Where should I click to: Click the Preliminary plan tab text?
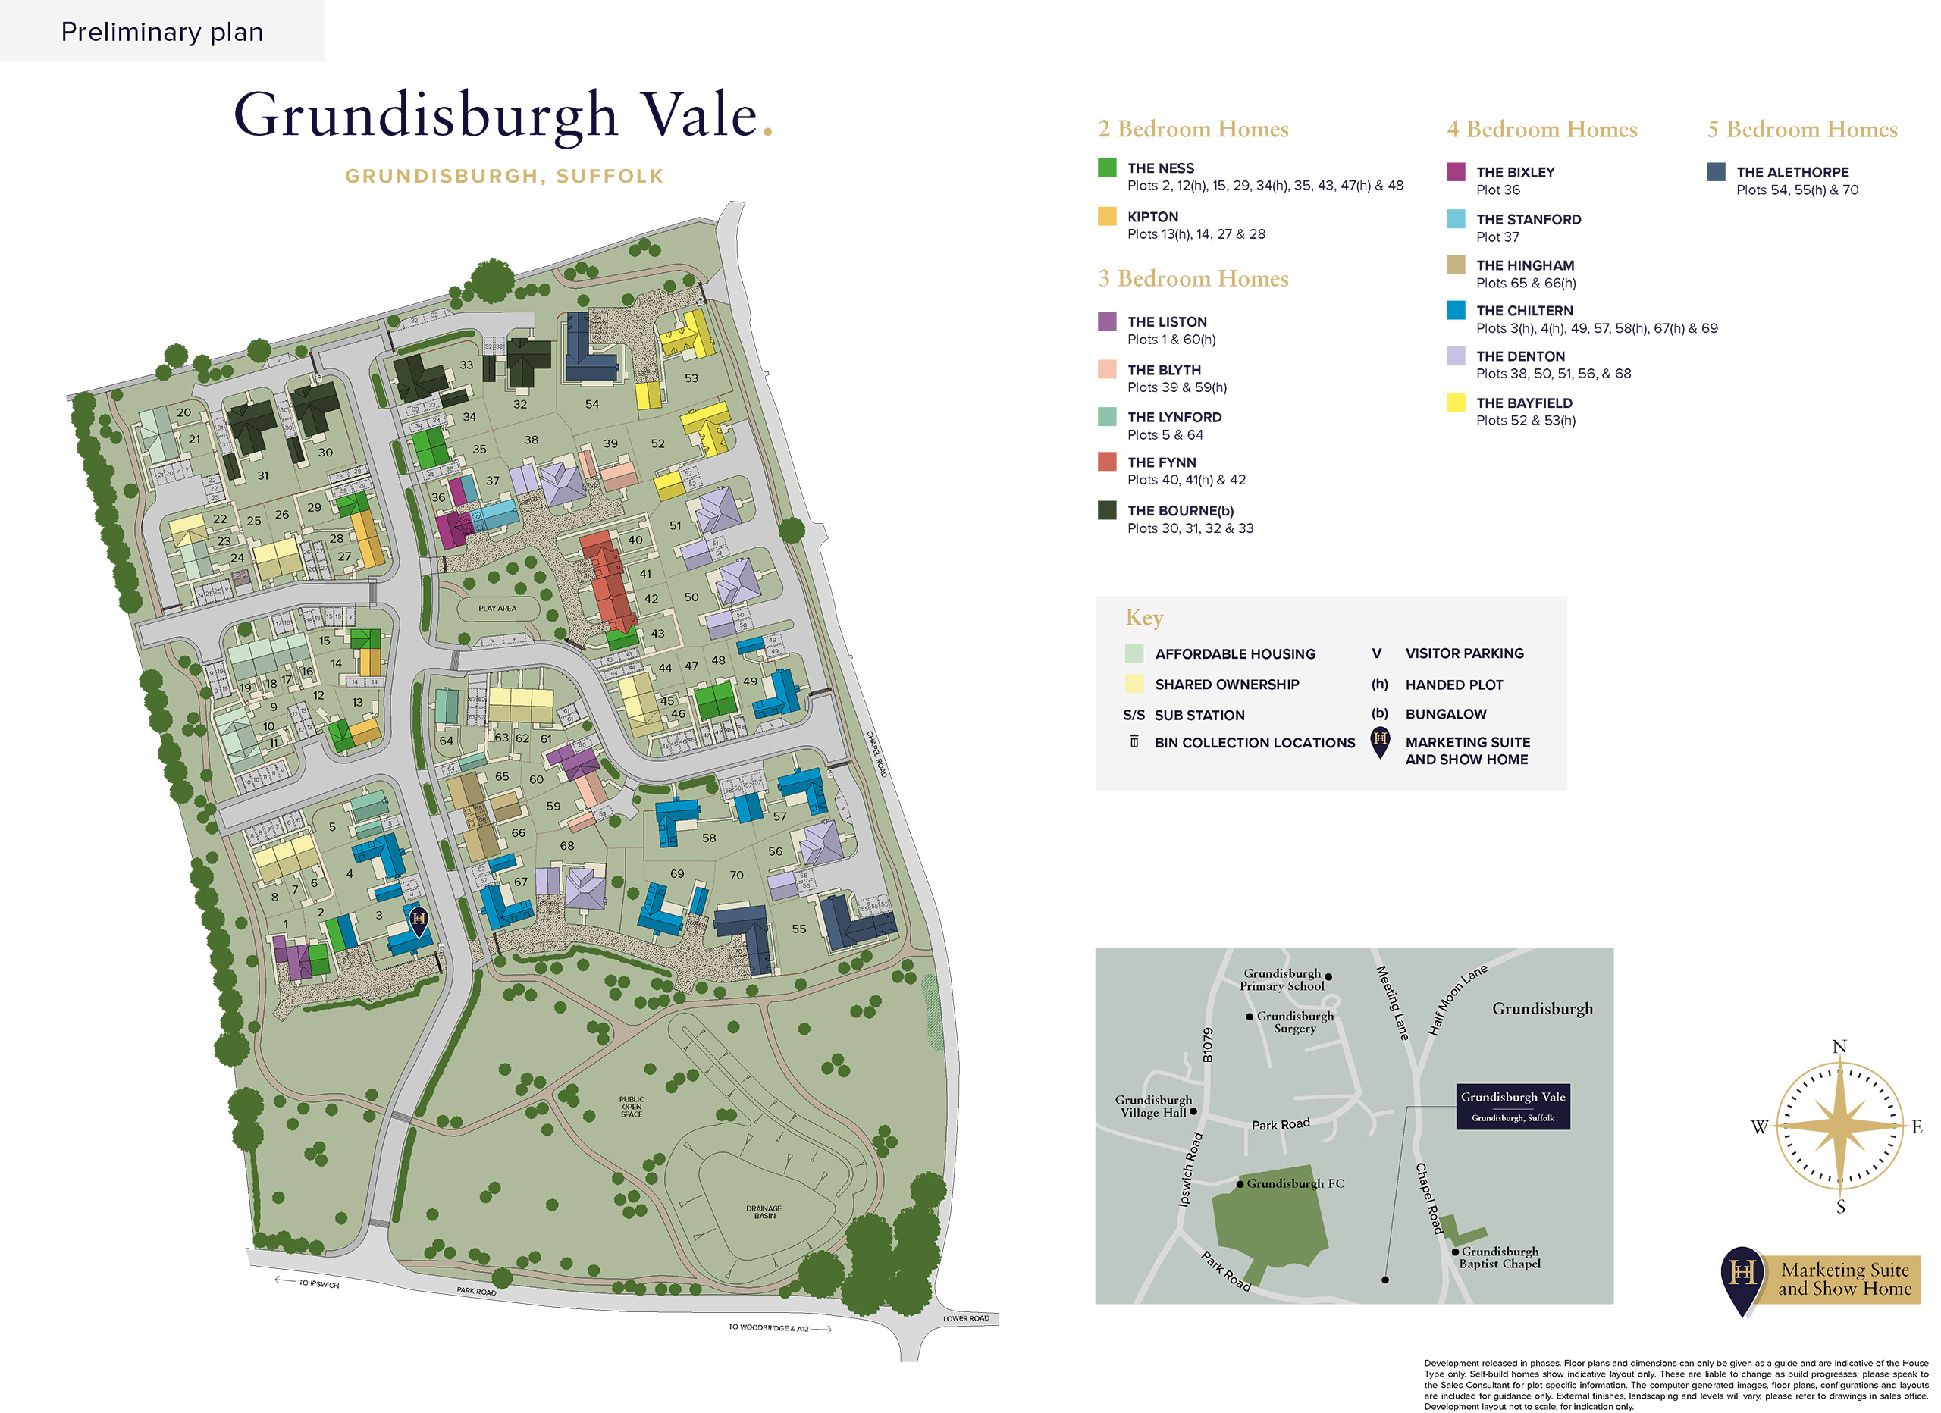tap(161, 32)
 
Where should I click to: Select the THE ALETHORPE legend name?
tap(1792, 172)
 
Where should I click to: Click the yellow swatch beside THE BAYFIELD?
tap(1455, 403)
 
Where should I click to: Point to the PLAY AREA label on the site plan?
tap(497, 609)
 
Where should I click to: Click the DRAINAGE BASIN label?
tap(764, 1212)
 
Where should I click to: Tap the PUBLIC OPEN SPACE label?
tap(632, 1107)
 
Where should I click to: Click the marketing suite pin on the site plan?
tap(419, 921)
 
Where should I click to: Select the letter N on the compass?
tap(1839, 1047)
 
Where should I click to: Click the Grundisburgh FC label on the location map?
tap(1294, 1183)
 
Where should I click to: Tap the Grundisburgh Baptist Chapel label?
tap(1500, 1258)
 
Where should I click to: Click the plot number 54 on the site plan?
tap(592, 404)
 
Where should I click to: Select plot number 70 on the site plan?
tap(737, 875)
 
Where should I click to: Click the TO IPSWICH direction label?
tap(318, 1284)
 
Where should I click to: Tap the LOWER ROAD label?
tap(965, 1319)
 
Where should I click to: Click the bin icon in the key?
tap(1134, 741)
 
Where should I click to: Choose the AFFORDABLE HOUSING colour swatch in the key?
tap(1134, 654)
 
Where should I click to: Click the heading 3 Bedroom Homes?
tap(1193, 278)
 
